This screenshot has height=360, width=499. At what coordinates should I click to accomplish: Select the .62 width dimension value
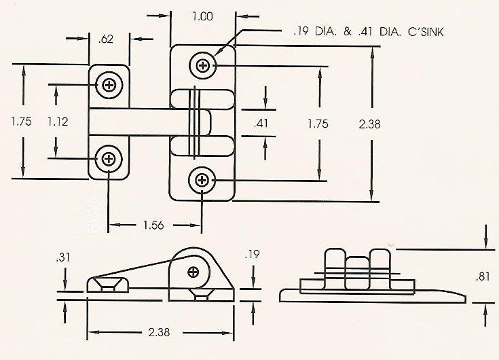(x=105, y=40)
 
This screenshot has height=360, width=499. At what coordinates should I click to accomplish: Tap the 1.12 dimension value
(x=58, y=122)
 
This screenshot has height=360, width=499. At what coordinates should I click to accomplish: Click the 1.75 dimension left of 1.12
(x=22, y=122)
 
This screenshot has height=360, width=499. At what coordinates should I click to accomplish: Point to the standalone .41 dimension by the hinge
(x=262, y=124)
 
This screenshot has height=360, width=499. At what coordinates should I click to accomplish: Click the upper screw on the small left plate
(x=109, y=85)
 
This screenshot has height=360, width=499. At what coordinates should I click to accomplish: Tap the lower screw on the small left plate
(x=109, y=160)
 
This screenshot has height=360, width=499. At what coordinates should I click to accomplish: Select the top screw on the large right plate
(x=202, y=66)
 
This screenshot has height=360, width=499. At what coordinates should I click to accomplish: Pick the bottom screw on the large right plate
(x=202, y=180)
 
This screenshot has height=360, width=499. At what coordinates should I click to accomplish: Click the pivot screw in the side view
(x=193, y=272)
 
